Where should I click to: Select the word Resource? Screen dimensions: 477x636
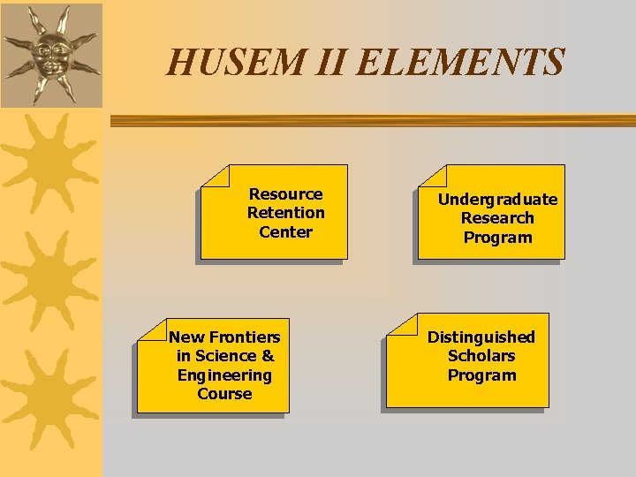point(285,194)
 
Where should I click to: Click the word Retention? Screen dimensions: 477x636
point(285,213)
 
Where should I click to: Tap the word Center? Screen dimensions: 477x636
point(285,232)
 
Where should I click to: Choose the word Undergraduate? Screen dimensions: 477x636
point(497,200)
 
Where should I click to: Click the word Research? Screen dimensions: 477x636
point(497,218)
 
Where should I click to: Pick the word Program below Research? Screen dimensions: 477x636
point(497,238)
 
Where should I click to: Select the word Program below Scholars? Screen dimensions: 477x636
point(481,375)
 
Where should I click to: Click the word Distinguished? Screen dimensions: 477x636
point(481,337)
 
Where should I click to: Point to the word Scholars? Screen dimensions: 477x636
point(481,356)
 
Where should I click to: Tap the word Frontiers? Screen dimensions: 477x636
point(244,337)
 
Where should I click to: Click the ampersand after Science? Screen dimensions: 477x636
point(268,356)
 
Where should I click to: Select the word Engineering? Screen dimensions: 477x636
point(224,375)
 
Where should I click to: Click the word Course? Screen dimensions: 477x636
point(224,394)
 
